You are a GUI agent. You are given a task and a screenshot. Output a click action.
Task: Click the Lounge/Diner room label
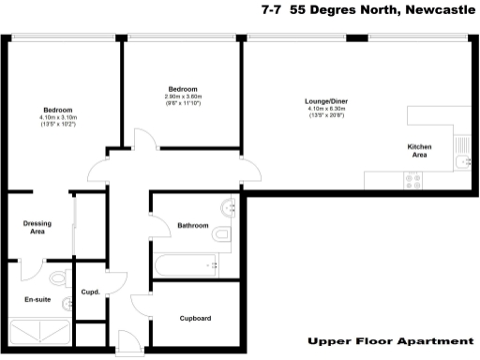326,100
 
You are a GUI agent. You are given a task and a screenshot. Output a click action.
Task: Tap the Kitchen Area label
418,151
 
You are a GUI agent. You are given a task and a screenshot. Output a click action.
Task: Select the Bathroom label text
192,225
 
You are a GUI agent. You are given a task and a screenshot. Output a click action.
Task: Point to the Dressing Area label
37,227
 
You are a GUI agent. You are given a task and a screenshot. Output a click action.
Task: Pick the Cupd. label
93,292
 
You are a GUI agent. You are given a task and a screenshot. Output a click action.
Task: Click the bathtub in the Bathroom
187,265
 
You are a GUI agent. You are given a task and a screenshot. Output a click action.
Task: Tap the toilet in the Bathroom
223,234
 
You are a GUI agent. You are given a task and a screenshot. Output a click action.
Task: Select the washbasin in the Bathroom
228,207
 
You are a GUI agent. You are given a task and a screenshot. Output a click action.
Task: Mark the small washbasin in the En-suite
67,304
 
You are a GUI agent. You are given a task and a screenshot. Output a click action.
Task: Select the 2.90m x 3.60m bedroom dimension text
183,98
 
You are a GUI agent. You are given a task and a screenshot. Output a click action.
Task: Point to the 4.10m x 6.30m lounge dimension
326,111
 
